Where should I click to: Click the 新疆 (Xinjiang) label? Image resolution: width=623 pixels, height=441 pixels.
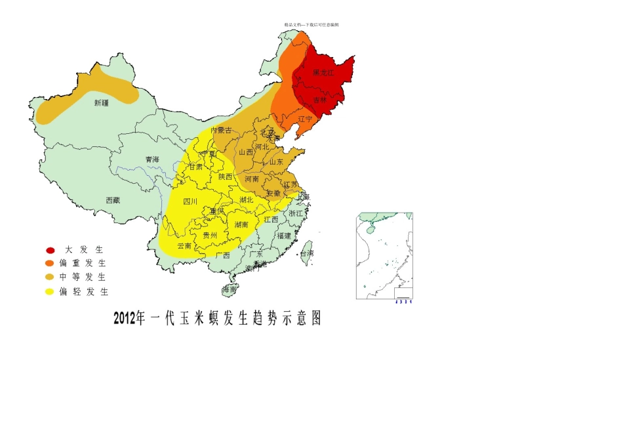pos(101,102)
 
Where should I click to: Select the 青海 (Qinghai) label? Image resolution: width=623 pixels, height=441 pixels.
pos(152,159)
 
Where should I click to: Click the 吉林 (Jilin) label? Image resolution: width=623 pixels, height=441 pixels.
pos(319,100)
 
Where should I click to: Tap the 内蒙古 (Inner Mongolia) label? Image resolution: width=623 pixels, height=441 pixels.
pos(221,130)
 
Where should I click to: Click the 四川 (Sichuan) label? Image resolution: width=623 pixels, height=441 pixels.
pos(190,201)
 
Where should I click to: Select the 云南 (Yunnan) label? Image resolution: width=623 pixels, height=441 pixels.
pos(184,245)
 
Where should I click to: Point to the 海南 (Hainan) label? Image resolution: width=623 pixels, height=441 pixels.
pos(230,289)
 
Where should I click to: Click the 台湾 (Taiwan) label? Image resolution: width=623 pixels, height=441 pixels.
pos(307,253)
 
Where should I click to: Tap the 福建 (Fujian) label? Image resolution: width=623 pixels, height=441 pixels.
pos(284,235)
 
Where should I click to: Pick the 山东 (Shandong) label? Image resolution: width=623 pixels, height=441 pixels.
pos(276,161)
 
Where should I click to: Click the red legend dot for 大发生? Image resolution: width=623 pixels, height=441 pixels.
pos(50,250)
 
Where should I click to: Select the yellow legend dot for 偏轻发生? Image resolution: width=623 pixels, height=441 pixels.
pos(50,291)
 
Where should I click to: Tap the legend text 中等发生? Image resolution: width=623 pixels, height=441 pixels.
pos(83,278)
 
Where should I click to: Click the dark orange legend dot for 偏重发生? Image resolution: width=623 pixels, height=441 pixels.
pos(50,264)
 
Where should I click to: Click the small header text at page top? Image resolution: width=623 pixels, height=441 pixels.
pos(311,25)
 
